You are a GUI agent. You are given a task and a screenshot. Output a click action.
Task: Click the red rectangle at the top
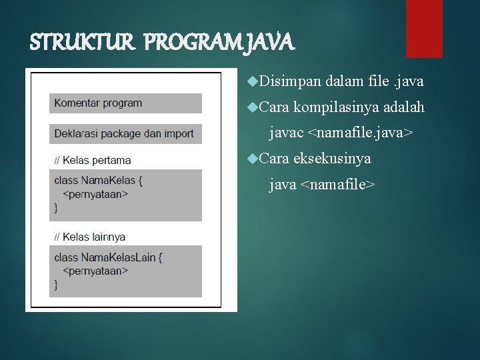tap(424, 28)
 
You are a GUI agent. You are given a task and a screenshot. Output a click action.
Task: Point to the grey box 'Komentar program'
tap(125, 103)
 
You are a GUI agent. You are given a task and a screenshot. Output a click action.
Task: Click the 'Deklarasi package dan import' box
tap(125, 133)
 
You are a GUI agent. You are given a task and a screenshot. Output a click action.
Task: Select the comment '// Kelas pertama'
tap(93, 160)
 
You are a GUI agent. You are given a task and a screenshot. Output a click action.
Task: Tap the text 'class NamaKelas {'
tap(99, 181)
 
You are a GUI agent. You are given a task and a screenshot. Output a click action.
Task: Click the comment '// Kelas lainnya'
tap(90, 237)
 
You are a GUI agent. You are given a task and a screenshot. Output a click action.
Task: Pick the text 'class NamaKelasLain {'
tap(108, 257)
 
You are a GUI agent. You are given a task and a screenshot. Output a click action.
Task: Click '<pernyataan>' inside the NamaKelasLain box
tap(95, 271)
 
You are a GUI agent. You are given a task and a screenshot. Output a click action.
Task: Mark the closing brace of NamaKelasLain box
tap(56, 285)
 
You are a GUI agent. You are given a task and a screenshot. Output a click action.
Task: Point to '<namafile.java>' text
tap(360, 133)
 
